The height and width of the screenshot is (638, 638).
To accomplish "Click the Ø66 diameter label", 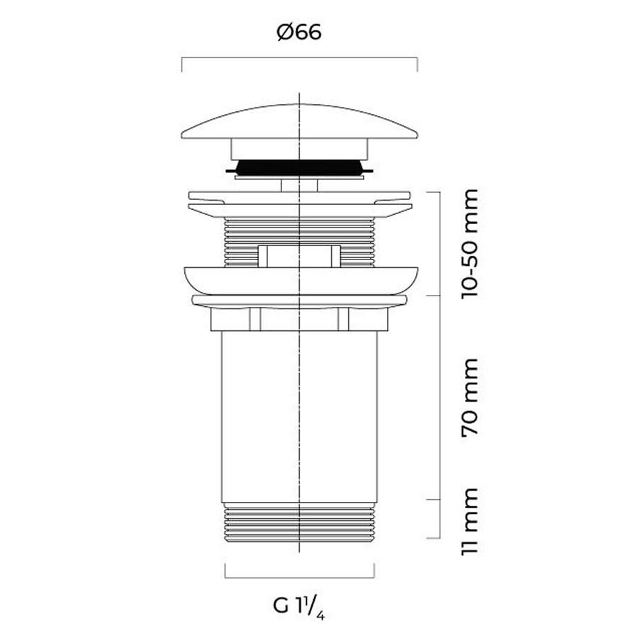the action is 299,32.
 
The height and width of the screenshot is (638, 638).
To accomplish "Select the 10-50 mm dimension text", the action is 470,244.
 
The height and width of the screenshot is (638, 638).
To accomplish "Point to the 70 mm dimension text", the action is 470,398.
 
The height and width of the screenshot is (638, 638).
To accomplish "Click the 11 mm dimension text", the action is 470,521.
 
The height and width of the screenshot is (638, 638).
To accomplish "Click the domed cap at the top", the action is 299,121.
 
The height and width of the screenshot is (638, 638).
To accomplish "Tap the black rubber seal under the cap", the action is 299,167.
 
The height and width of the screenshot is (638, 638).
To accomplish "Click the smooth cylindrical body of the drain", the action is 299,417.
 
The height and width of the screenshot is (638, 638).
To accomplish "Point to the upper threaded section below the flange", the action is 299,242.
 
